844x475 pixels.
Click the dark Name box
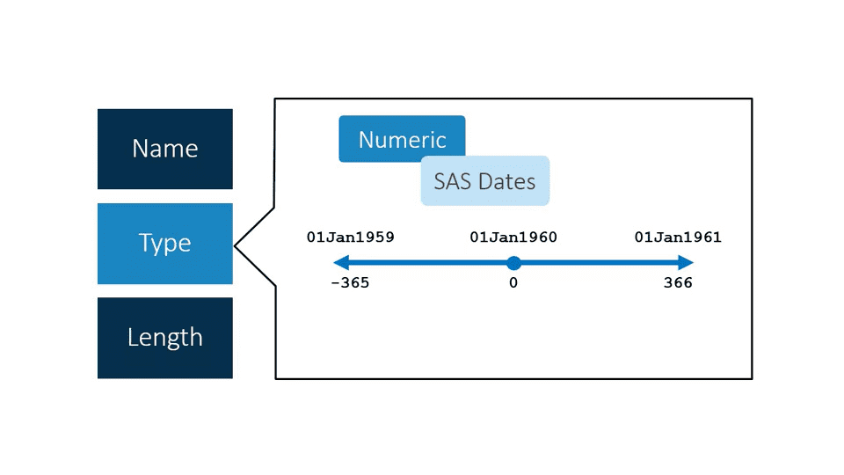tap(164, 149)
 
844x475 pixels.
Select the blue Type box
tap(164, 244)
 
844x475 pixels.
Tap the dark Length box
tap(164, 338)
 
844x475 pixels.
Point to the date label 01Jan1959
tap(350, 237)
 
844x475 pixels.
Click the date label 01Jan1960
tap(513, 237)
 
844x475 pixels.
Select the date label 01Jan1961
tap(678, 237)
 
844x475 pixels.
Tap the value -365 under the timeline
tap(350, 283)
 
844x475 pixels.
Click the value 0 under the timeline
tap(513, 283)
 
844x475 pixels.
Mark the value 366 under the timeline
tap(678, 283)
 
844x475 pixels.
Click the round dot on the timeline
tap(513, 262)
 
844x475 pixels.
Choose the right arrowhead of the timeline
tap(687, 262)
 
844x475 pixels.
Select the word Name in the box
tap(164, 149)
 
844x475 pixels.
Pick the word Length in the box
tap(164, 338)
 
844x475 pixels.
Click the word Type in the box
tap(164, 244)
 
